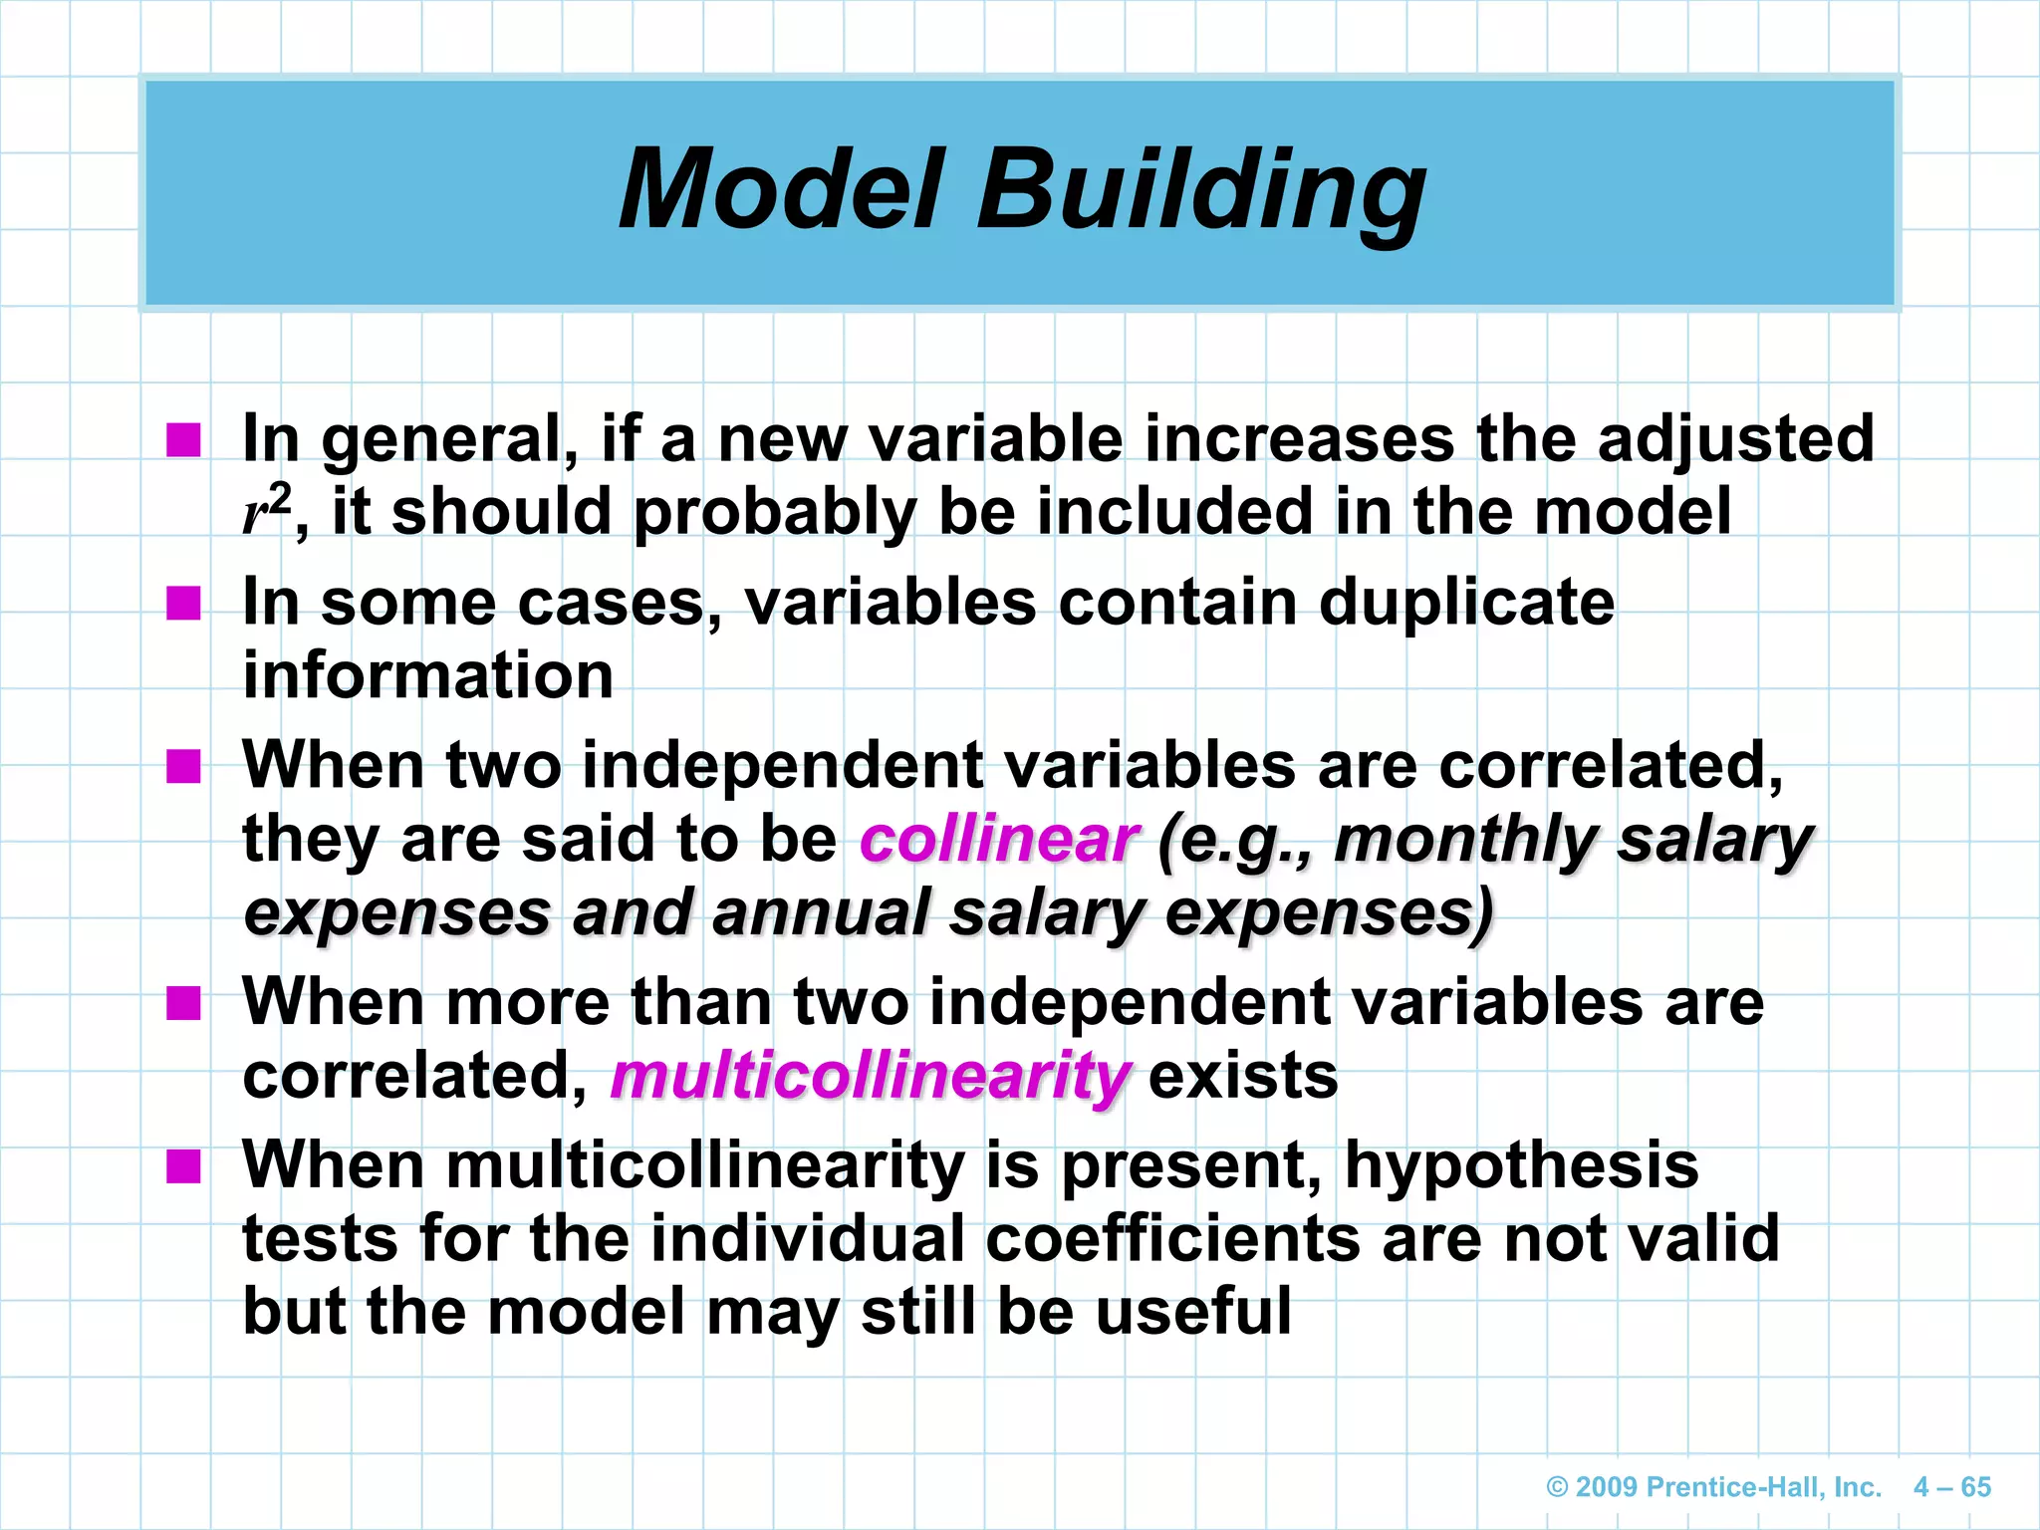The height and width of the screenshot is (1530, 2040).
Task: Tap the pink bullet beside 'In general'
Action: (183, 439)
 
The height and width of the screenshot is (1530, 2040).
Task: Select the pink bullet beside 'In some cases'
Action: (183, 603)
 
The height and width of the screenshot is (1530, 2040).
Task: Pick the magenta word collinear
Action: (997, 840)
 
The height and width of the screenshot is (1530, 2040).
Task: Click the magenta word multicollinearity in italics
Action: (870, 1077)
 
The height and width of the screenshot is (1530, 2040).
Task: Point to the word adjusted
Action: (1735, 439)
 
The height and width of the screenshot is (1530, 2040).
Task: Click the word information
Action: (428, 675)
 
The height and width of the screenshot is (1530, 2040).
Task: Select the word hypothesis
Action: (1521, 1165)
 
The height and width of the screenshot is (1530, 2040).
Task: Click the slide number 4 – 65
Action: (1951, 1487)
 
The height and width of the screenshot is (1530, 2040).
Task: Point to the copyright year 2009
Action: (1607, 1487)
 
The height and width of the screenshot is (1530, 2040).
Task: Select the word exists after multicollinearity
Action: (1243, 1077)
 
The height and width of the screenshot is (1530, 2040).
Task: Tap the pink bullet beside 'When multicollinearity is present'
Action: (183, 1164)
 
